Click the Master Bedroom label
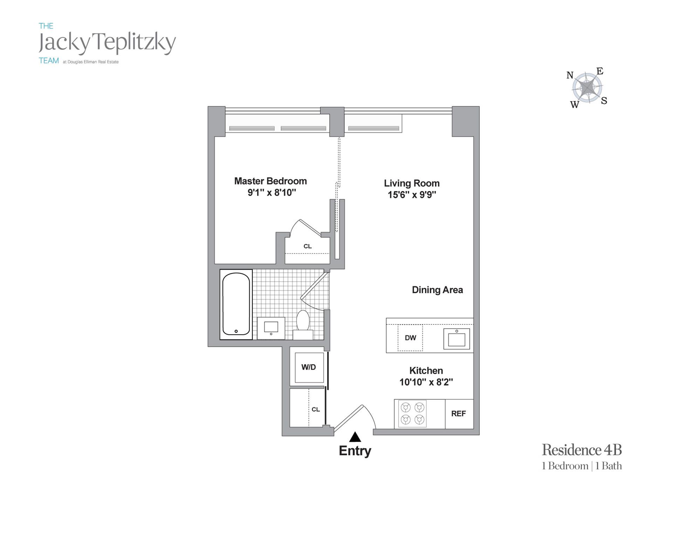[x=270, y=181]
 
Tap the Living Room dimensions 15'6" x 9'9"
[x=412, y=195]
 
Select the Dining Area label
[x=437, y=290]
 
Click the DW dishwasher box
[x=410, y=338]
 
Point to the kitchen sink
[x=456, y=339]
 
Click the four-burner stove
[x=413, y=414]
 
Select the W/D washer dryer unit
[x=309, y=368]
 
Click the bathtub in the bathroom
[x=236, y=304]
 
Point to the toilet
[x=303, y=324]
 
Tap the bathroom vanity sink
[x=271, y=328]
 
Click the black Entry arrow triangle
[x=355, y=437]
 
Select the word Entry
[x=355, y=451]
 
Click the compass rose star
[x=587, y=87]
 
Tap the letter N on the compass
[x=570, y=75]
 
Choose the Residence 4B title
[x=582, y=450]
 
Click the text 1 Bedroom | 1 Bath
[x=582, y=466]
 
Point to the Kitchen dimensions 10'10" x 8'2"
[x=426, y=382]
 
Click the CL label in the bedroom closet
[x=307, y=246]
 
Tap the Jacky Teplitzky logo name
[x=107, y=43]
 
